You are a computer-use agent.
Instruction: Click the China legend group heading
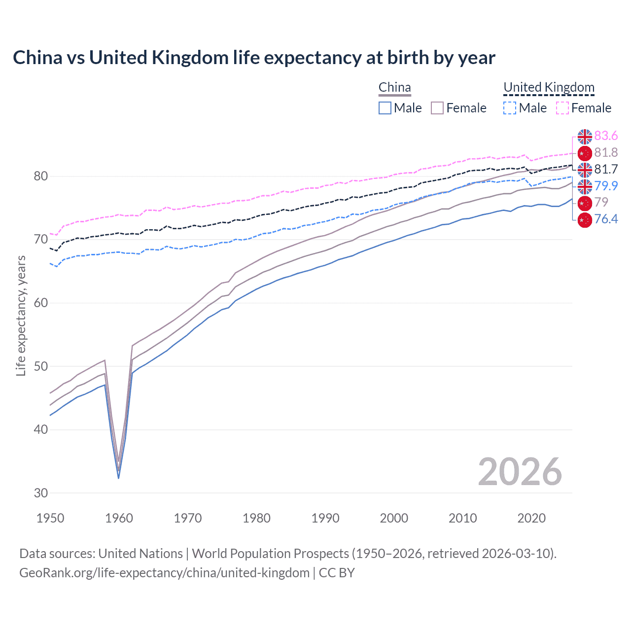[x=394, y=87]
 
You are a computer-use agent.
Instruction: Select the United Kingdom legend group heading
[x=549, y=87]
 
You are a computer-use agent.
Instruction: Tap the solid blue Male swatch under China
[x=385, y=108]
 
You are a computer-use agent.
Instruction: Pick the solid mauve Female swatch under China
[x=437, y=108]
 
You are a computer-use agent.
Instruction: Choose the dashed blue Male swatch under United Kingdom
[x=510, y=108]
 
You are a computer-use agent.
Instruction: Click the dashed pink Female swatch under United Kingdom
[x=562, y=108]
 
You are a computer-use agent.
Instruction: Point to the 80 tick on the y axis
[x=40, y=176]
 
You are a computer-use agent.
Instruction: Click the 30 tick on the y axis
[x=40, y=492]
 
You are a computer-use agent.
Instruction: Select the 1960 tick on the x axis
[x=119, y=518]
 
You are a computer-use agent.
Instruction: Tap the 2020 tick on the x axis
[x=531, y=518]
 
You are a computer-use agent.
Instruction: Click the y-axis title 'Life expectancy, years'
[x=21, y=315]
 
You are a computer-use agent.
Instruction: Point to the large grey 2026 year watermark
[x=520, y=472]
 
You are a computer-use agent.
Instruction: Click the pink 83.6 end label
[x=606, y=136]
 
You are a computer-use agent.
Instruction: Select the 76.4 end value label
[x=606, y=219]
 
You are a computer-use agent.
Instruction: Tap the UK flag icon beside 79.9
[x=585, y=186]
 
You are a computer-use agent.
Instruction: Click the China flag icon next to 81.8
[x=585, y=153]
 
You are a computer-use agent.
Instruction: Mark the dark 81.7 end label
[x=606, y=169]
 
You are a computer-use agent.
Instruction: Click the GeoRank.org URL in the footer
[x=164, y=573]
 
